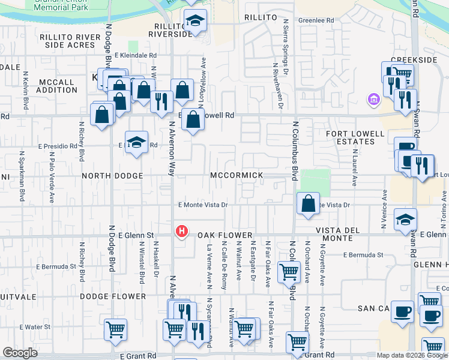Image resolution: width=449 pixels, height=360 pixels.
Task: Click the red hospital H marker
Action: pos(181,230)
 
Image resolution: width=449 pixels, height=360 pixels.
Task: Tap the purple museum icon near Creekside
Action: pos(373,98)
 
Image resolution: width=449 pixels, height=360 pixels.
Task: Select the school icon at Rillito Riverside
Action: pos(194,22)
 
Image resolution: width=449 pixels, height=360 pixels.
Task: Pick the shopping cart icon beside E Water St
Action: pos(115,329)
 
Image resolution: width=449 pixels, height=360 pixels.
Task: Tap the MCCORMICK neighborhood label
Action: pos(237,175)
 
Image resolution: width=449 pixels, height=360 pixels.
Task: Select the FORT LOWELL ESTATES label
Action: pos(355,137)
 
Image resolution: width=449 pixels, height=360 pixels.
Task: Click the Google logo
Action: pos(20,353)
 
